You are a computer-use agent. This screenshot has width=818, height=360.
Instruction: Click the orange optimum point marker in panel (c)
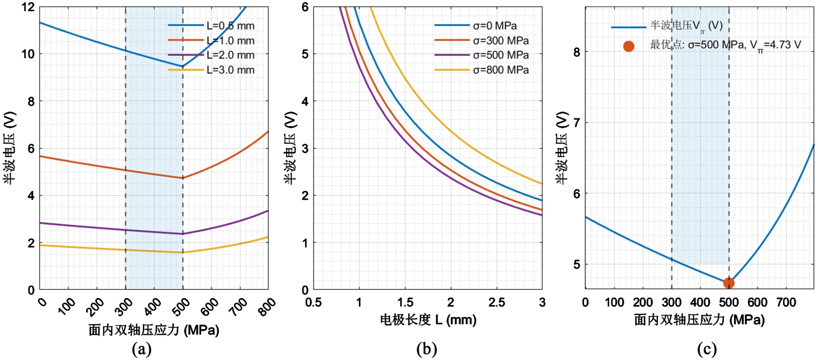pyautogui.click(x=728, y=283)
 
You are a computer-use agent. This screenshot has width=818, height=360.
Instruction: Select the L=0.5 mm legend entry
pyautogui.click(x=230, y=26)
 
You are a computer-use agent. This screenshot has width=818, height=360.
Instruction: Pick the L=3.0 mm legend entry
pyautogui.click(x=230, y=70)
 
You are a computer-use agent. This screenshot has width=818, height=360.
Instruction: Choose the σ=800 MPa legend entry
pyautogui.click(x=501, y=70)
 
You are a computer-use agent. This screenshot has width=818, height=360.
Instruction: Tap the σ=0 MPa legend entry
pyautogui.click(x=494, y=26)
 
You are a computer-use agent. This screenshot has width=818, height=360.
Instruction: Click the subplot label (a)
pyautogui.click(x=142, y=349)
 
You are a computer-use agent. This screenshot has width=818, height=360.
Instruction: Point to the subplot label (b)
pyautogui.click(x=427, y=349)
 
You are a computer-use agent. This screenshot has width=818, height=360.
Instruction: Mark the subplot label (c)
pyautogui.click(x=707, y=349)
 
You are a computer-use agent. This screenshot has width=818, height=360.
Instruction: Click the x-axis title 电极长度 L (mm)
pyautogui.click(x=428, y=320)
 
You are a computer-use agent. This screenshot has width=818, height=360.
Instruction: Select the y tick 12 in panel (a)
pyautogui.click(x=28, y=7)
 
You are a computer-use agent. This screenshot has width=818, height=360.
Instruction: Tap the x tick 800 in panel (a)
pyautogui.click(x=266, y=307)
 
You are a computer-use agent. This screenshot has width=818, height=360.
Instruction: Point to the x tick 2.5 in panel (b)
pyautogui.click(x=496, y=303)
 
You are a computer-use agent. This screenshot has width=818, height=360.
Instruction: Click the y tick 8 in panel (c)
pyautogui.click(x=576, y=52)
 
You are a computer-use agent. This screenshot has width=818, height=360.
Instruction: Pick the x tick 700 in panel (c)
pyautogui.click(x=786, y=303)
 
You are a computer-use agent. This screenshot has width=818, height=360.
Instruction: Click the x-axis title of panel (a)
pyautogui.click(x=154, y=330)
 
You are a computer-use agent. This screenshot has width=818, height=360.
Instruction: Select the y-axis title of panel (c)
pyautogui.click(x=562, y=148)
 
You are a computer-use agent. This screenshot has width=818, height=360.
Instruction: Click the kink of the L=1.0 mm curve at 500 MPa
pyautogui.click(x=183, y=178)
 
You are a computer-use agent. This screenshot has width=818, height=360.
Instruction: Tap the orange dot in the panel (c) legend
pyautogui.click(x=629, y=46)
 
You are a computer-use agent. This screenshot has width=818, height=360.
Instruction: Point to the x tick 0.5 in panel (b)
pyautogui.click(x=313, y=303)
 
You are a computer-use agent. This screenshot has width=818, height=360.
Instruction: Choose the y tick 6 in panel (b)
pyautogui.click(x=305, y=7)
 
